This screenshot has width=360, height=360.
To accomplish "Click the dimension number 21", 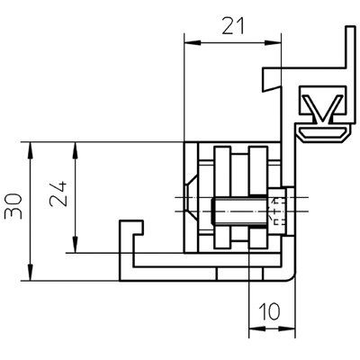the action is click(x=233, y=26).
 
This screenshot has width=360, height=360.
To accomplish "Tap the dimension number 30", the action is click(x=13, y=206).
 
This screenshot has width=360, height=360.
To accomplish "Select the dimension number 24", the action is click(x=58, y=194).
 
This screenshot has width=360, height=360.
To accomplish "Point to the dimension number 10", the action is click(x=269, y=311).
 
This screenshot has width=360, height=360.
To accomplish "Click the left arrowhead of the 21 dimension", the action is click(x=192, y=43).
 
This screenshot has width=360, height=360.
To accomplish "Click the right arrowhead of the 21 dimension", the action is click(x=273, y=43).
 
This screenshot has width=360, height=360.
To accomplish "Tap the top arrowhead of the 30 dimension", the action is click(x=30, y=150).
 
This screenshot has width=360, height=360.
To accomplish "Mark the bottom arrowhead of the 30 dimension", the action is click(x=30, y=273).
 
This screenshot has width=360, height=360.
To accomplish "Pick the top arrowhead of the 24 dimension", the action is click(x=75, y=150).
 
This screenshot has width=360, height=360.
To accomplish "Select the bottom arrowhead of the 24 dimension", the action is click(x=75, y=245).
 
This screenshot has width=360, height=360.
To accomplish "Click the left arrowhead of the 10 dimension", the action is click(x=257, y=328).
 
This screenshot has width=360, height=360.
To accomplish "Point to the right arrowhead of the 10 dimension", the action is click(x=287, y=328).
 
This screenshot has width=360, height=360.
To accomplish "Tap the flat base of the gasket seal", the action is click(x=323, y=133).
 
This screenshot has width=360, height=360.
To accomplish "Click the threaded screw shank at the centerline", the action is click(x=239, y=211).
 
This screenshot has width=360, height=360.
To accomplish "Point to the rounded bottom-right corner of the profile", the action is click(x=290, y=276).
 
